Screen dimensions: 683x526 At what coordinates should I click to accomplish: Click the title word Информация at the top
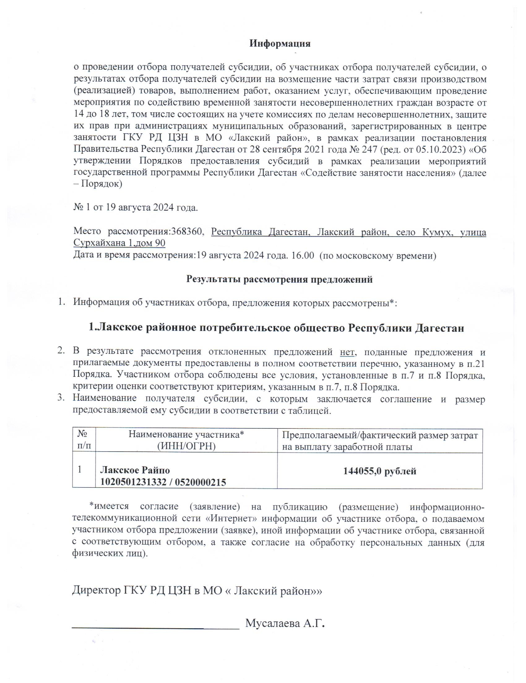(280, 44)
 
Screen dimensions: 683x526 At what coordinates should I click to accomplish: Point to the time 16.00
(302, 255)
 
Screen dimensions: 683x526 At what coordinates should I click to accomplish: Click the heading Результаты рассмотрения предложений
(279, 279)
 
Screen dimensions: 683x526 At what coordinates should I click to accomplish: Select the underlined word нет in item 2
(347, 352)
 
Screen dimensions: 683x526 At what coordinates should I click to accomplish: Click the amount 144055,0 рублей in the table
(380, 471)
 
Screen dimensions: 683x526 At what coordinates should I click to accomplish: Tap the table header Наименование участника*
(186, 434)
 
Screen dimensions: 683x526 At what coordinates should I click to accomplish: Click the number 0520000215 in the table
(200, 482)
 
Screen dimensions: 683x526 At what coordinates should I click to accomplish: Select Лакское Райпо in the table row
(135, 470)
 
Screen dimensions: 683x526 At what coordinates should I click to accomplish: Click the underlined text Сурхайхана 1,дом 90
(119, 243)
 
